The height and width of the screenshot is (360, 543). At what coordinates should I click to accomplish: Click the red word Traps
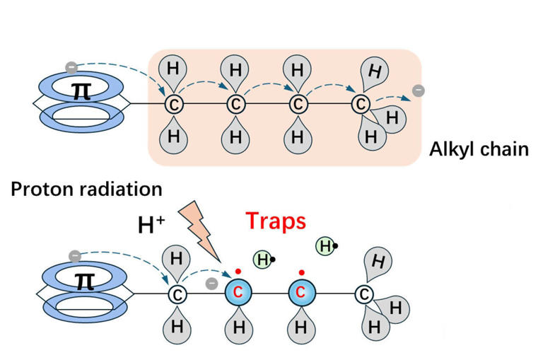(276, 221)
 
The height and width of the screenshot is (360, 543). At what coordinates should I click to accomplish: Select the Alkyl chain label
(479, 150)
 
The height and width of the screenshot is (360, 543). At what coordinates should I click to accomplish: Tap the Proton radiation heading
(86, 189)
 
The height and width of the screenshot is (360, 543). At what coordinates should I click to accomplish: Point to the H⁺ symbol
(151, 226)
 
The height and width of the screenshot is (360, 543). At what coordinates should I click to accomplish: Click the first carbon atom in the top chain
(174, 105)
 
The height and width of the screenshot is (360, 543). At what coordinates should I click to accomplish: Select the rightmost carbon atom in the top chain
(361, 105)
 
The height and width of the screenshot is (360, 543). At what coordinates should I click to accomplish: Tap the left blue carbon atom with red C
(238, 292)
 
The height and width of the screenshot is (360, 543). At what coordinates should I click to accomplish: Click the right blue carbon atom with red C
(300, 292)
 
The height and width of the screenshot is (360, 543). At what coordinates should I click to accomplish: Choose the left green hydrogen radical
(263, 260)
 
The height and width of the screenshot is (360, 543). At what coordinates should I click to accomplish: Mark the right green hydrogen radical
(325, 246)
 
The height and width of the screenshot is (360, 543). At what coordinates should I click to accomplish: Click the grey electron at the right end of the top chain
(419, 90)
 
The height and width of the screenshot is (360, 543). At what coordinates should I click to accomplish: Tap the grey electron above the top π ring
(71, 67)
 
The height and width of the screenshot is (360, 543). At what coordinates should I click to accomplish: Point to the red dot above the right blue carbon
(301, 272)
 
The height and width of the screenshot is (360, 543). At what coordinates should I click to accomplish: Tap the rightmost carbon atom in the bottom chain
(363, 292)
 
